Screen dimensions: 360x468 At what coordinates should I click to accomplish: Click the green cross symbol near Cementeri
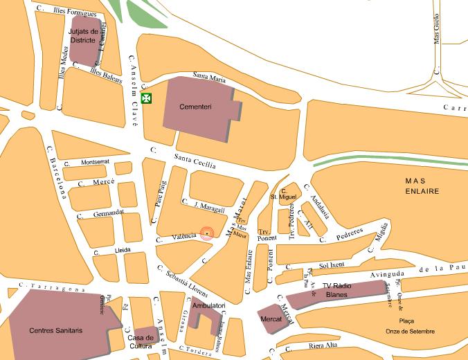click(146, 98)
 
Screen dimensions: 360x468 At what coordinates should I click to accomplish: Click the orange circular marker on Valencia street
click(207, 234)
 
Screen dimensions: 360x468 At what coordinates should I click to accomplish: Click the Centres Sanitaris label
click(56, 331)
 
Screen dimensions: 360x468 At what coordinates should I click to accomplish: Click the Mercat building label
click(271, 319)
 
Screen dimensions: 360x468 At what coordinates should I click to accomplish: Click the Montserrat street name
click(96, 162)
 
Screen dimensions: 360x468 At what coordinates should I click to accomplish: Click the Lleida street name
click(123, 250)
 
